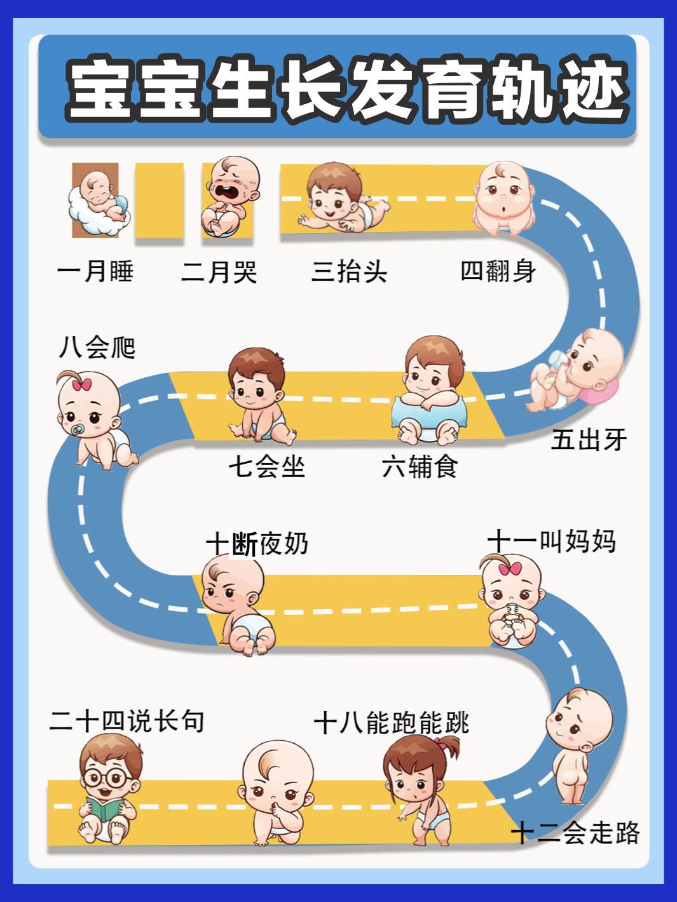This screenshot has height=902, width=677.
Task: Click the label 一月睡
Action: (x=95, y=272)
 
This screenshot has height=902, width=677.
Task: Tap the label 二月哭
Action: (x=219, y=272)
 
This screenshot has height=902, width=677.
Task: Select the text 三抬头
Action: (x=349, y=272)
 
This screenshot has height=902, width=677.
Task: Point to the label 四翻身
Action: (x=498, y=271)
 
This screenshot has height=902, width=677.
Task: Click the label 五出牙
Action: (x=589, y=440)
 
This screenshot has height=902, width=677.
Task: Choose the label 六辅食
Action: (x=420, y=468)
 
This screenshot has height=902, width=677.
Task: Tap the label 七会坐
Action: (x=267, y=468)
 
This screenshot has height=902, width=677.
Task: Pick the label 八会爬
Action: (x=97, y=347)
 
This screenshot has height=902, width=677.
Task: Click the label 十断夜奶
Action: (x=257, y=544)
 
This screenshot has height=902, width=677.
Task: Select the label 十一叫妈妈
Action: (x=552, y=541)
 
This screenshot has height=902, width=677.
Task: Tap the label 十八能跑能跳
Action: (x=392, y=723)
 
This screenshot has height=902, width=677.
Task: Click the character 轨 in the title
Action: (x=523, y=91)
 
